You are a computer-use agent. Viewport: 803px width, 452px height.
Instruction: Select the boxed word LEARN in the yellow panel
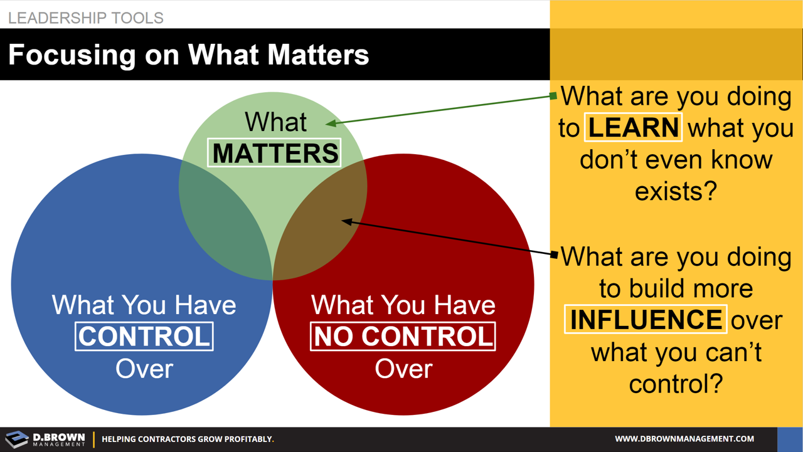click(633, 127)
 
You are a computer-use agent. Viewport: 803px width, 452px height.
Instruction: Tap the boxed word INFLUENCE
click(646, 319)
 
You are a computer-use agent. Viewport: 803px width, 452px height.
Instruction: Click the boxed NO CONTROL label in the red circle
click(403, 337)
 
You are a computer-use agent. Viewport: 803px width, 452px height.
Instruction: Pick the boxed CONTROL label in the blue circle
click(144, 337)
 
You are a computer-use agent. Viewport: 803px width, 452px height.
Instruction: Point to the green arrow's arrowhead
click(329, 124)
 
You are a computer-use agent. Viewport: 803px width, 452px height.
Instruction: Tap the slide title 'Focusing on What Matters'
click(188, 55)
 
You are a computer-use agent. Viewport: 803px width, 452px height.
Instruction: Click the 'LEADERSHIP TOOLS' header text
click(86, 18)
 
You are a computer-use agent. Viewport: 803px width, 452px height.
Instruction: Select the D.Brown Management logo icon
click(17, 439)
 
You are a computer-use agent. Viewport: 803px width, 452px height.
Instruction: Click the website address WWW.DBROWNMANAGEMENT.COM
click(684, 439)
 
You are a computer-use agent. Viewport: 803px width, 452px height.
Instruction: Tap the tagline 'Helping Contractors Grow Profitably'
click(188, 439)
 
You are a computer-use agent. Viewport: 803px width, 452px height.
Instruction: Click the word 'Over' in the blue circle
click(144, 369)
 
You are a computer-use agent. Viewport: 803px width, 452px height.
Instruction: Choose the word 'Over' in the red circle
click(403, 369)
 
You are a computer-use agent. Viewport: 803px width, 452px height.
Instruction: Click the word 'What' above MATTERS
click(275, 122)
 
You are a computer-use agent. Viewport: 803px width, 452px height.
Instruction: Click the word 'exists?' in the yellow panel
click(675, 191)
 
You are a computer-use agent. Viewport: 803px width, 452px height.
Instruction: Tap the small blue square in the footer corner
click(789, 439)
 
